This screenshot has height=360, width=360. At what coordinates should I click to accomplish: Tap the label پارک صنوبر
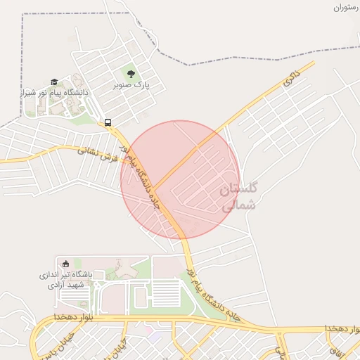pyautogui.click(x=132, y=84)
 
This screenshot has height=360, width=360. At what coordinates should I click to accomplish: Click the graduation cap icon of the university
pyautogui.click(x=54, y=82)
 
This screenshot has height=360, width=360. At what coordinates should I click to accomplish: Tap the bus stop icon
pyautogui.click(x=108, y=122)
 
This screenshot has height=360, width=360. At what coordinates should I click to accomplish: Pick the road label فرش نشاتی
pyautogui.click(x=98, y=153)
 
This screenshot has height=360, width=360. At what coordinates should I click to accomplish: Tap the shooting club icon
pyautogui.click(x=66, y=263)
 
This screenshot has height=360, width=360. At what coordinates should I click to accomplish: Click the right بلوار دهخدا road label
pyautogui.click(x=342, y=328)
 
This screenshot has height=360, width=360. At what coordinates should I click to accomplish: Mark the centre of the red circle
pyautogui.click(x=180, y=180)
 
